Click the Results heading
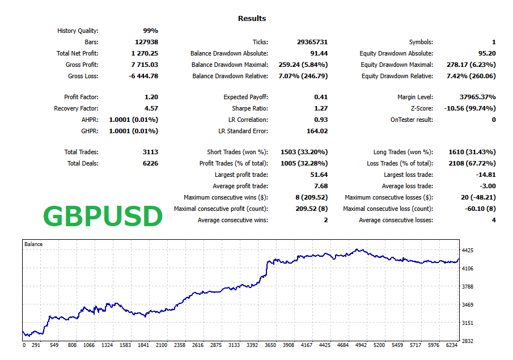tap(252, 19)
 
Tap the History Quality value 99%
tap(150, 31)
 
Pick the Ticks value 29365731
tap(312, 42)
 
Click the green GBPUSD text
tap(103, 217)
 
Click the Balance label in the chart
tap(33, 244)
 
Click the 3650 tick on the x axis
tap(271, 345)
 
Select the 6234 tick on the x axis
tap(452, 345)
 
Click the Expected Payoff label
tap(245, 97)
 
